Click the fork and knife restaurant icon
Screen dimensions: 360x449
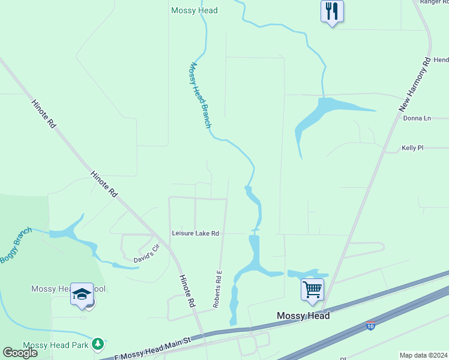pyautogui.click(x=332, y=11)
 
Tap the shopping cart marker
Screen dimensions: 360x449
pyautogui.click(x=312, y=290)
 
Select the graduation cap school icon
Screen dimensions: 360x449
pyautogui.click(x=82, y=294)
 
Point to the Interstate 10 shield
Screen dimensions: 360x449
pyautogui.click(x=372, y=326)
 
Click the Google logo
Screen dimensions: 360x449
pyautogui.click(x=20, y=352)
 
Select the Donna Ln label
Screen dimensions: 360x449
pyautogui.click(x=417, y=118)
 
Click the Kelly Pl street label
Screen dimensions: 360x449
pyautogui.click(x=412, y=147)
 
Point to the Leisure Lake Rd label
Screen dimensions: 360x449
pyautogui.click(x=195, y=233)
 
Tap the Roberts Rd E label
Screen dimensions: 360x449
pyautogui.click(x=218, y=289)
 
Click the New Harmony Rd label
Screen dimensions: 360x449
pyautogui.click(x=415, y=84)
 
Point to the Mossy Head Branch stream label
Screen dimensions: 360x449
pyautogui.click(x=200, y=95)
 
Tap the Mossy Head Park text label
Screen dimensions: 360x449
pyautogui.click(x=56, y=346)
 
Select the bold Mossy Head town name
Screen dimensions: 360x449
pyautogui.click(x=303, y=316)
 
